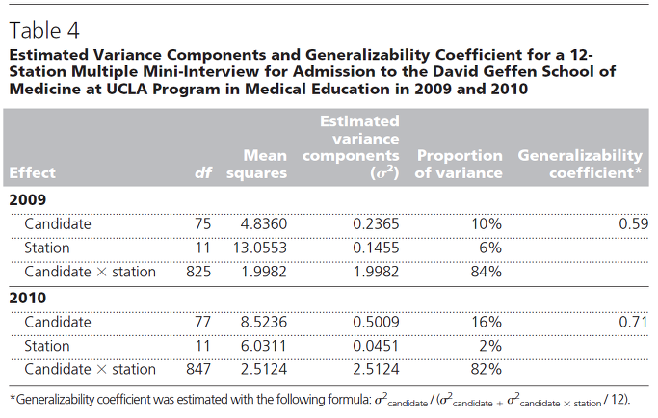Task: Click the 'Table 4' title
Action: click(x=44, y=30)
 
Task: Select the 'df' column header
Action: click(x=203, y=172)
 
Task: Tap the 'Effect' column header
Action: click(x=33, y=172)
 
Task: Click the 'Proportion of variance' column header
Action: click(x=459, y=164)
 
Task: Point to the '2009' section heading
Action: click(x=28, y=199)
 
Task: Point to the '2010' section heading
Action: click(x=28, y=298)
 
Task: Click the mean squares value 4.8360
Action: click(x=264, y=223)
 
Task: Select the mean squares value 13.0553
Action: click(x=260, y=248)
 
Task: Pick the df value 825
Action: click(x=198, y=272)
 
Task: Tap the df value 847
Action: click(x=198, y=369)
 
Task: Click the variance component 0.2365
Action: click(x=376, y=223)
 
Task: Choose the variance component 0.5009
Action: click(x=376, y=322)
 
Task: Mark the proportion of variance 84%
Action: click(x=486, y=272)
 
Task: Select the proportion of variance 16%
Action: click(x=486, y=322)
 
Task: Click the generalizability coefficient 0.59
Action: click(x=634, y=223)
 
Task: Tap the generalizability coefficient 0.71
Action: click(x=634, y=322)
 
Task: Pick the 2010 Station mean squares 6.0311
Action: click(x=264, y=346)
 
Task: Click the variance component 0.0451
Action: click(x=376, y=346)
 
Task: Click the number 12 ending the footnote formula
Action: click(x=619, y=399)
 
